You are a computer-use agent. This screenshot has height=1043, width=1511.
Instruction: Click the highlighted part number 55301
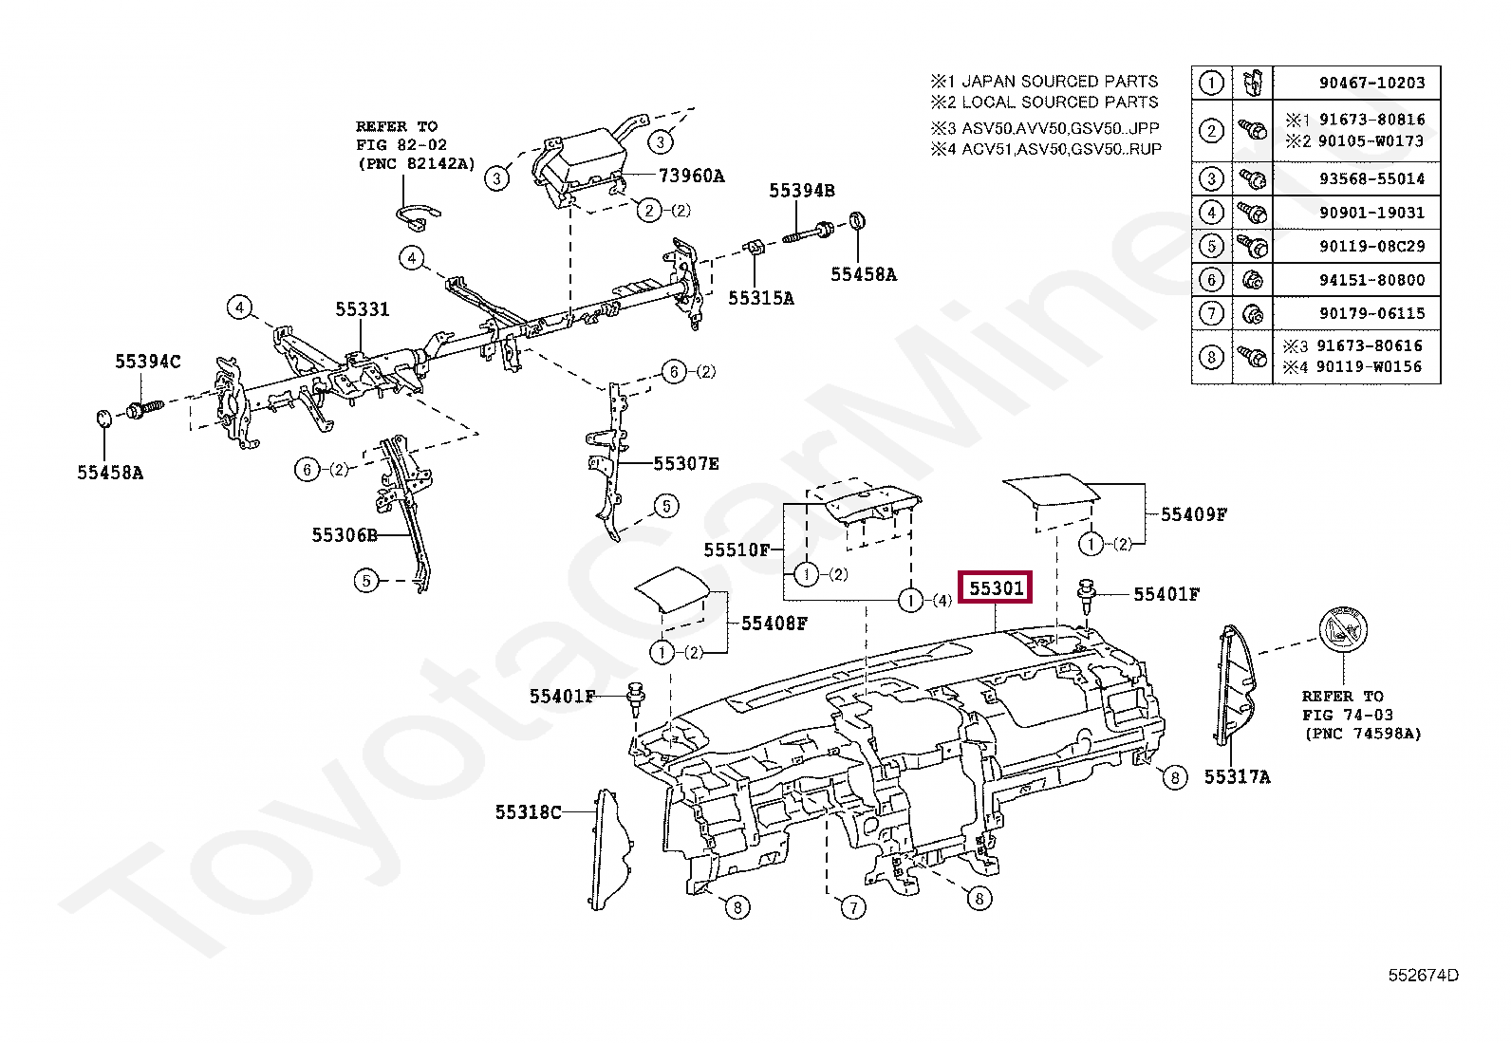996,588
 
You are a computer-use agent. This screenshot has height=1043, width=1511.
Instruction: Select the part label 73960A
691,176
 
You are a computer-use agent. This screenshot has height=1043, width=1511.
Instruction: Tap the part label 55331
362,309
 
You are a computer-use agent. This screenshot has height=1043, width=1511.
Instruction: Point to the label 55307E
685,464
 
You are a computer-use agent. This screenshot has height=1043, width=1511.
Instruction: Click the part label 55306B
345,535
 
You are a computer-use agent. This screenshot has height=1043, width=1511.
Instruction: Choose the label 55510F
737,549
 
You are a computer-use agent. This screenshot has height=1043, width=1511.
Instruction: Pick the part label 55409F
1193,514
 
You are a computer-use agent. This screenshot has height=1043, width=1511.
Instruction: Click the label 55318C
528,812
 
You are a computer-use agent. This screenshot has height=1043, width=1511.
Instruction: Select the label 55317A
1237,777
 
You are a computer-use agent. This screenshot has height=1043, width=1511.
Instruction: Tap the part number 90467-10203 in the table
1371,84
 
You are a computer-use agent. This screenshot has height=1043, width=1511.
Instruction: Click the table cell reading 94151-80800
1371,280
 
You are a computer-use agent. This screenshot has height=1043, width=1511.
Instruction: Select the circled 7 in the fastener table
1211,313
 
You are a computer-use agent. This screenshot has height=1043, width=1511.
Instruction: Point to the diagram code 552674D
1423,975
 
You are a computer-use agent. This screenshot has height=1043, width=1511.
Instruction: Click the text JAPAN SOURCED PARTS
1059,82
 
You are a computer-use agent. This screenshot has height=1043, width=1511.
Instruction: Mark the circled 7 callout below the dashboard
853,907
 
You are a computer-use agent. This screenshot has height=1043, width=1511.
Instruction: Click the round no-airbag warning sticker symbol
1342,630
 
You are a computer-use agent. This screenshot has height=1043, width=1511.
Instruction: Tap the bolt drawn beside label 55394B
808,232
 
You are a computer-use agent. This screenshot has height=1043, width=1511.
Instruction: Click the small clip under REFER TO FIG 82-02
417,217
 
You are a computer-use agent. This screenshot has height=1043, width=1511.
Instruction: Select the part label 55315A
760,298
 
